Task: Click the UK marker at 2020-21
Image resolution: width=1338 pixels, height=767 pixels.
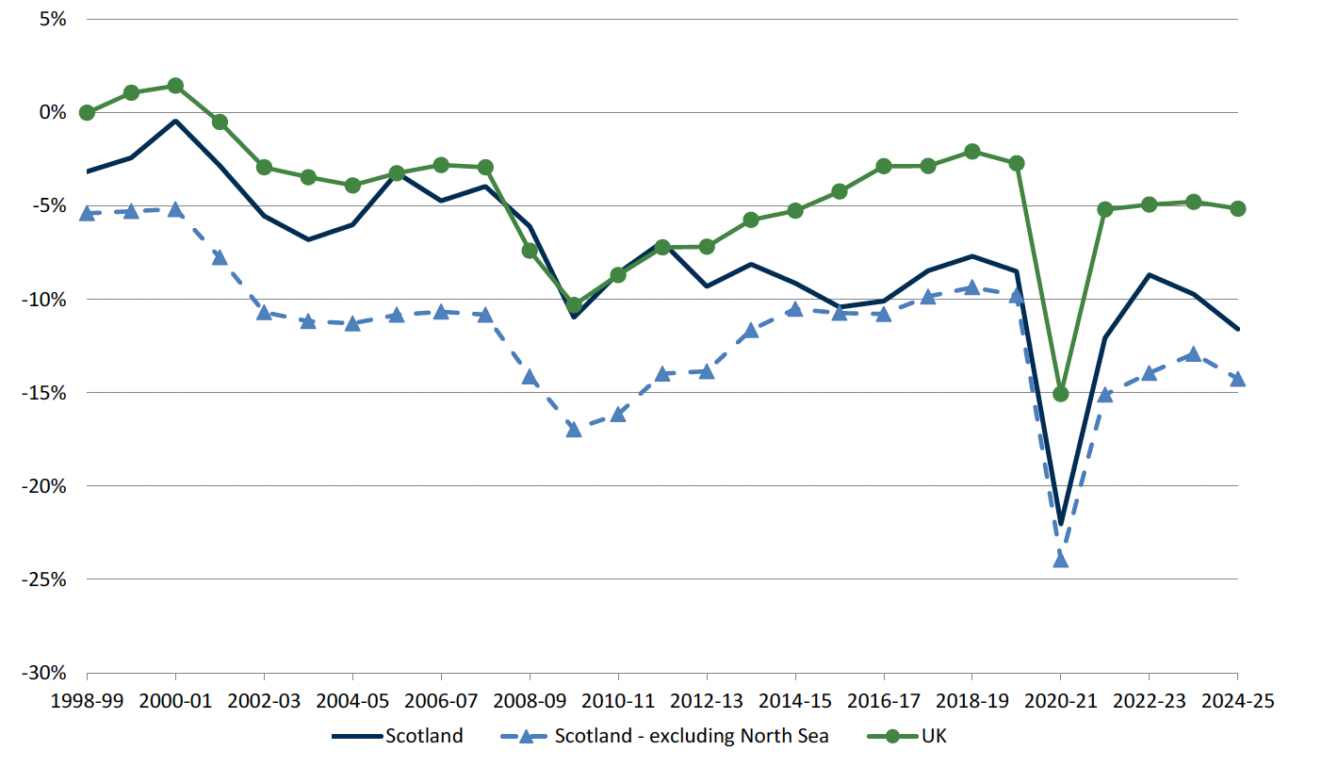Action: (1060, 393)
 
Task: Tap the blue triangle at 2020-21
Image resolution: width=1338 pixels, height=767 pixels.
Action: (1060, 560)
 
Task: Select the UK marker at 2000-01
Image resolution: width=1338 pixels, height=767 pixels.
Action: (175, 86)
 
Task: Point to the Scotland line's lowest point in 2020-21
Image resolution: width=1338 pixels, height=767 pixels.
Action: (1060, 524)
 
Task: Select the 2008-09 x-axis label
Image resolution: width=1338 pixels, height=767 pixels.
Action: (530, 702)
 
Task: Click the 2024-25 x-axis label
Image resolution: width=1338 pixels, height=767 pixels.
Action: (1236, 702)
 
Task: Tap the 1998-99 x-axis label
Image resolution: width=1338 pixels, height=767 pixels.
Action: (87, 702)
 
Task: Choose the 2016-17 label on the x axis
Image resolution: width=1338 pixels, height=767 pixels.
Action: (883, 702)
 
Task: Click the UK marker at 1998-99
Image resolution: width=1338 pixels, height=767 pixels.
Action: (87, 112)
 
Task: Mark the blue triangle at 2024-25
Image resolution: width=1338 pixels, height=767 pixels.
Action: (1237, 378)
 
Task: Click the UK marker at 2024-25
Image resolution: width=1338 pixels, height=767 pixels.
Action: (1237, 208)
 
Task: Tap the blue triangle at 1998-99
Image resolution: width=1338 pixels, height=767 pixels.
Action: (87, 214)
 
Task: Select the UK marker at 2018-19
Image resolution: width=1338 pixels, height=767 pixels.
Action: (971, 152)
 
